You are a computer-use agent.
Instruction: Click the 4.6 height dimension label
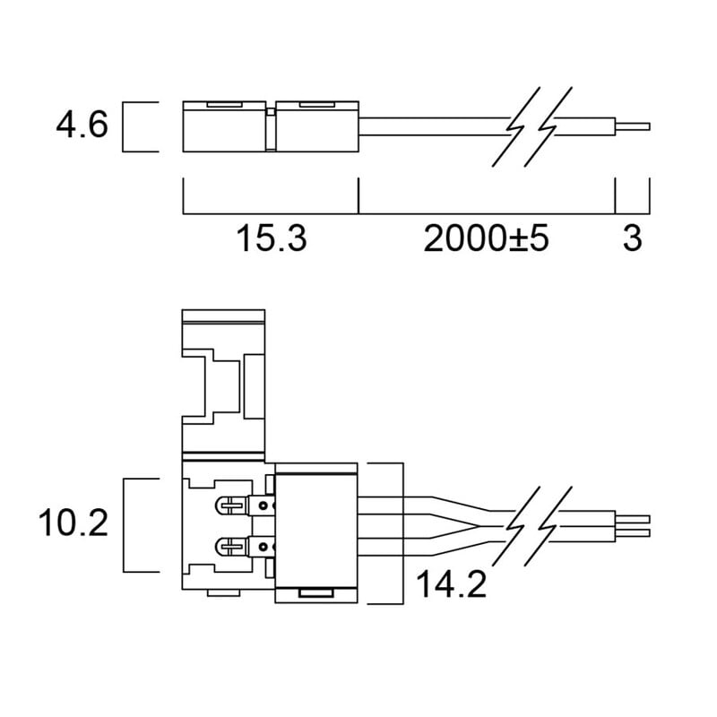click(82, 125)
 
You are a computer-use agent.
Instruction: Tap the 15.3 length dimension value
click(272, 238)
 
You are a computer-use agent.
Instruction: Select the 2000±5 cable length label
click(486, 238)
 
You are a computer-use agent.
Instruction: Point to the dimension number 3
click(633, 238)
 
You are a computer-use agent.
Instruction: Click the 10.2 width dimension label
click(73, 523)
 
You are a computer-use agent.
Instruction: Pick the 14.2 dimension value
click(452, 584)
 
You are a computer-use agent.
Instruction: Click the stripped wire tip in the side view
click(633, 126)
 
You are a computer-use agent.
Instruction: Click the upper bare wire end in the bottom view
click(633, 519)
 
